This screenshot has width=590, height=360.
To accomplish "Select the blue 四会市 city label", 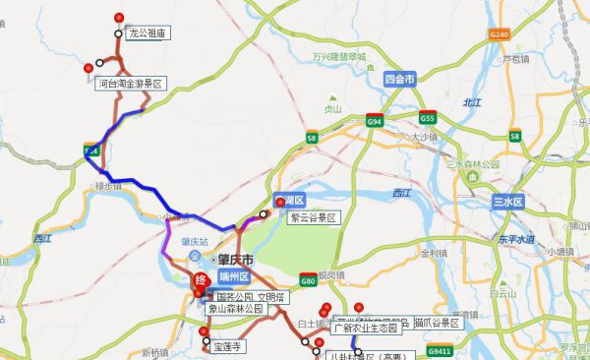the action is click(399, 77).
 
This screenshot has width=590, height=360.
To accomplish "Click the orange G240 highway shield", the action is click(501, 34).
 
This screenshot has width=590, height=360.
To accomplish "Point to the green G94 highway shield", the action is click(374, 120).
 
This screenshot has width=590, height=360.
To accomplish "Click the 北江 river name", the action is click(472, 102).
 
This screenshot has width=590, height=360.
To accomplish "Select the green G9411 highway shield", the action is click(440, 350).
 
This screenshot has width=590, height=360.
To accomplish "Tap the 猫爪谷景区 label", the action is click(438, 322).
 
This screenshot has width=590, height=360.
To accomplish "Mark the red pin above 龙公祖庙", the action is click(119, 17).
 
